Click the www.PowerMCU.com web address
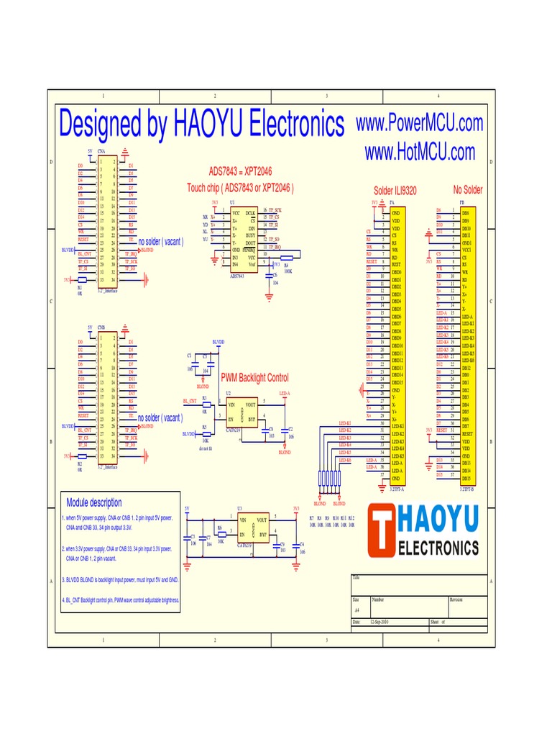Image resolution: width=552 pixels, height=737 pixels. tap(420, 123)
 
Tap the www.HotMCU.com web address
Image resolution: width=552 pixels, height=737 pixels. tap(420, 152)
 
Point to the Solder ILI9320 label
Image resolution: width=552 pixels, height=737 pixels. tap(395, 191)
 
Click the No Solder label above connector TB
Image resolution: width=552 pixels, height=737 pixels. tap(468, 189)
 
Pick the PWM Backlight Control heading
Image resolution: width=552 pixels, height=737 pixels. tap(254, 378)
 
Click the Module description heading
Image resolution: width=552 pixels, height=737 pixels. tap(94, 502)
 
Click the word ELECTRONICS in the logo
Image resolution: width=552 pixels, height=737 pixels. tap(438, 548)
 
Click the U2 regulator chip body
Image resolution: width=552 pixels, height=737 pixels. tap(242, 413)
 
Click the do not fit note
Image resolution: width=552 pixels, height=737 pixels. tap(207, 448)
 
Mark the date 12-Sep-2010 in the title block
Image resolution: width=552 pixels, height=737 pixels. tap(379, 621)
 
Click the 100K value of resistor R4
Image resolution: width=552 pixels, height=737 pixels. tap(287, 271)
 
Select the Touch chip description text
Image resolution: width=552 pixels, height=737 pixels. tap(240, 188)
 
